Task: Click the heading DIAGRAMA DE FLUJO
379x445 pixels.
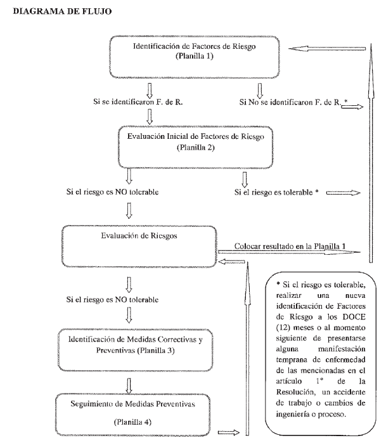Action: tap(62, 11)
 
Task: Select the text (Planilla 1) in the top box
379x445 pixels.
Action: tap(195, 56)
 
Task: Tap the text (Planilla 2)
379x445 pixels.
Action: tap(196, 147)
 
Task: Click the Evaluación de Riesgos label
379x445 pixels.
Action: tap(139, 236)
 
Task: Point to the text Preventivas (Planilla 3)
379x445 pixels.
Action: tap(135, 351)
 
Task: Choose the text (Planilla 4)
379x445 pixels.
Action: tap(132, 422)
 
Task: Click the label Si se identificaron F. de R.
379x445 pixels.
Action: tap(138, 101)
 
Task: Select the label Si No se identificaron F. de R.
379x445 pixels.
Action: tap(290, 102)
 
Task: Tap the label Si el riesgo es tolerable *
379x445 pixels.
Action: tap(276, 192)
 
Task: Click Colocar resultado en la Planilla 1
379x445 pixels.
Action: tap(290, 246)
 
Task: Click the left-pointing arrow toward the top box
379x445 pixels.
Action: tap(328, 49)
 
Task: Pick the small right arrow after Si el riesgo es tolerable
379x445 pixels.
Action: tap(344, 193)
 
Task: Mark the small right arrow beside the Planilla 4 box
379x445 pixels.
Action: tap(229, 432)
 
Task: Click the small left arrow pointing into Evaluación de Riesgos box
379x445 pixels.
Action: tap(231, 261)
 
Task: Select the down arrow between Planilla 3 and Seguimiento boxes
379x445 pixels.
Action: tap(129, 385)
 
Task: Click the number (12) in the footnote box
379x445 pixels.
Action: tap(283, 328)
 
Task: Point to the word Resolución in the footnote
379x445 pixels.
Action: tap(295, 392)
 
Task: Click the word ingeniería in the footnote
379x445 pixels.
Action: tap(292, 414)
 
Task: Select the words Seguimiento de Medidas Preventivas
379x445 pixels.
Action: tap(132, 404)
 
